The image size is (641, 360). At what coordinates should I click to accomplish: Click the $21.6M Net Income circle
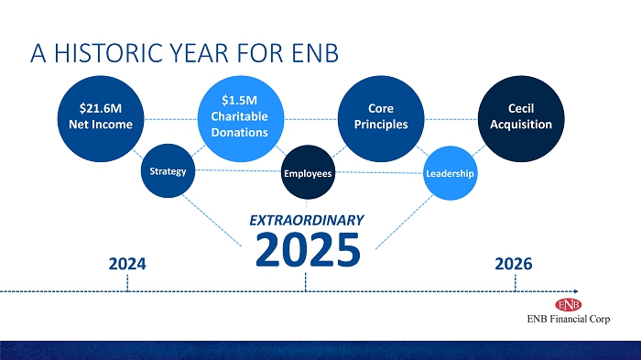coord(101,119)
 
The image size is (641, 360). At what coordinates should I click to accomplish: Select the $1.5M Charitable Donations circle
coord(241,119)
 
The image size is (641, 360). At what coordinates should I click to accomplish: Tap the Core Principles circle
coord(381,119)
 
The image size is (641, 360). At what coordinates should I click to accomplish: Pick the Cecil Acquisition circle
coord(521,119)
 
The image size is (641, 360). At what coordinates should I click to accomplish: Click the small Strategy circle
coord(168,170)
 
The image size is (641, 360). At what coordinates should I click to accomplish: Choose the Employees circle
coord(308,172)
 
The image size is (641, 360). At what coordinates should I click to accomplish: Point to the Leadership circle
coord(451,173)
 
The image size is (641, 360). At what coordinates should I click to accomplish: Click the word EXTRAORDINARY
coord(307,221)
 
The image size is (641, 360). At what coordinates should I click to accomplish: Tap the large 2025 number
coord(308,249)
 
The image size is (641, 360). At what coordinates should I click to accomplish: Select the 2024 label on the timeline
coord(127,264)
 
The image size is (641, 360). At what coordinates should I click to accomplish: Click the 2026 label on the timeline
coord(514,264)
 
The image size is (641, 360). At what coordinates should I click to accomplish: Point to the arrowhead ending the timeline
coord(576,291)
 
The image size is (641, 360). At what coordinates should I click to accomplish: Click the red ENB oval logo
coord(569,305)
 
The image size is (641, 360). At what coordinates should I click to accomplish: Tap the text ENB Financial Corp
coord(569,319)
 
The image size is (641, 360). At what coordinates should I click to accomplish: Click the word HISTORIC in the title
coord(109,53)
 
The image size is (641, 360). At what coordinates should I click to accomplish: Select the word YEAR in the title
coord(199,53)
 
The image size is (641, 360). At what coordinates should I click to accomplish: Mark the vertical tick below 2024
coord(127,283)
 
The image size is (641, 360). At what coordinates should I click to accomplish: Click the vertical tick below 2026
coord(515,283)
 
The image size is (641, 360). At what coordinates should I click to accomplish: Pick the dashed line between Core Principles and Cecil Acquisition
coord(451,119)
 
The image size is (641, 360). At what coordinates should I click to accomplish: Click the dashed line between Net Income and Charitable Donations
coord(171,119)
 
